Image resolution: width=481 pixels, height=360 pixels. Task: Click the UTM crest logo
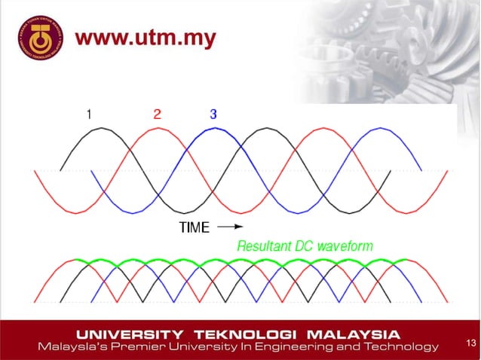pyautogui.click(x=38, y=38)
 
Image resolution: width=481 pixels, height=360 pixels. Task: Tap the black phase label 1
pyautogui.click(x=89, y=114)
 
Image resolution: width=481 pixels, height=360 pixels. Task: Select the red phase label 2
pyautogui.click(x=157, y=114)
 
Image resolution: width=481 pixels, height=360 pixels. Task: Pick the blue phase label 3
pyautogui.click(x=213, y=114)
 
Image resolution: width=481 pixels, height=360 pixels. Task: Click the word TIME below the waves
pyautogui.click(x=195, y=227)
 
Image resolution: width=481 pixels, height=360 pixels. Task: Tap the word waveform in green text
pyautogui.click(x=345, y=246)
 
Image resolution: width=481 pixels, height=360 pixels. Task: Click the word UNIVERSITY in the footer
pyautogui.click(x=128, y=334)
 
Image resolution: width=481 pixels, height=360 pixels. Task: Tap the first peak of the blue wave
pyautogui.click(x=213, y=129)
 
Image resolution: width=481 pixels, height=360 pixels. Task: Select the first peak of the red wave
pyautogui.click(x=157, y=129)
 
